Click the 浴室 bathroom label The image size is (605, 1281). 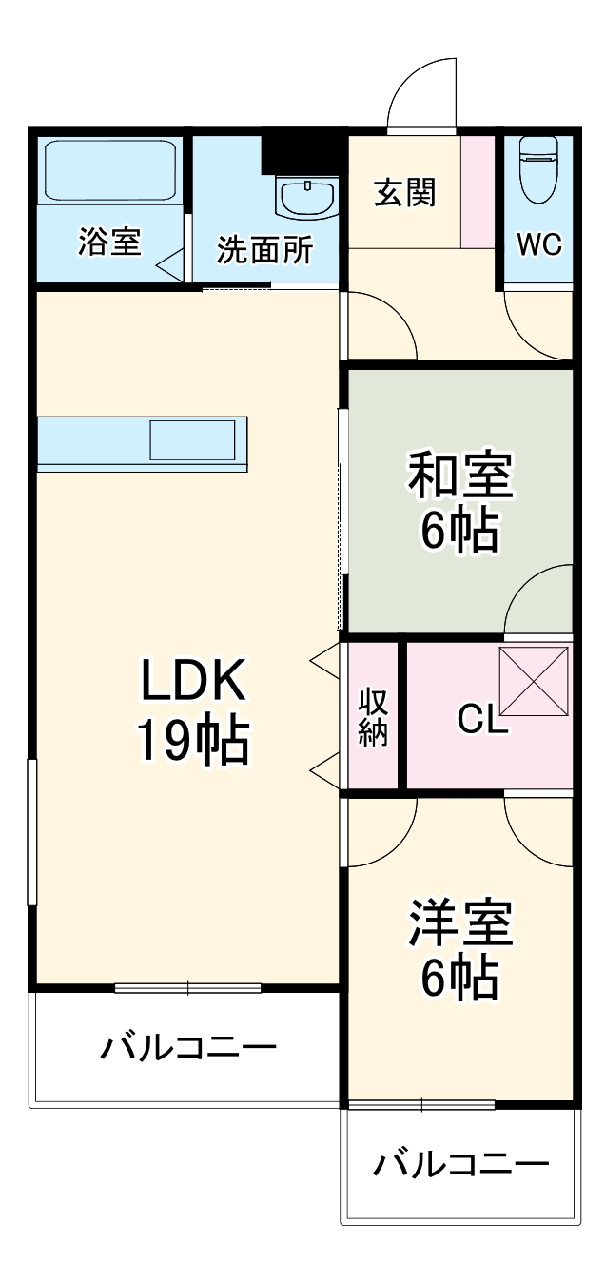click(x=109, y=243)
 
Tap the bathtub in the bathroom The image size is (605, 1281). click(x=111, y=171)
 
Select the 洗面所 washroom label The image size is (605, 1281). click(x=264, y=249)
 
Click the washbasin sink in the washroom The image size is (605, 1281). click(x=307, y=197)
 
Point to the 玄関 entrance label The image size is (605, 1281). click(x=404, y=192)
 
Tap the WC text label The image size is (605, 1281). click(x=539, y=244)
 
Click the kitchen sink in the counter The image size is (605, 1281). click(x=192, y=440)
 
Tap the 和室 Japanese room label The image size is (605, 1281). click(x=460, y=476)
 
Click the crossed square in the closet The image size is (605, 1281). click(x=534, y=681)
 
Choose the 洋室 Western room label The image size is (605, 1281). click(x=460, y=923)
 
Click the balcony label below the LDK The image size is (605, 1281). click(x=189, y=1049)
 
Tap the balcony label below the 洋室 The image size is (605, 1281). click(x=460, y=1164)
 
